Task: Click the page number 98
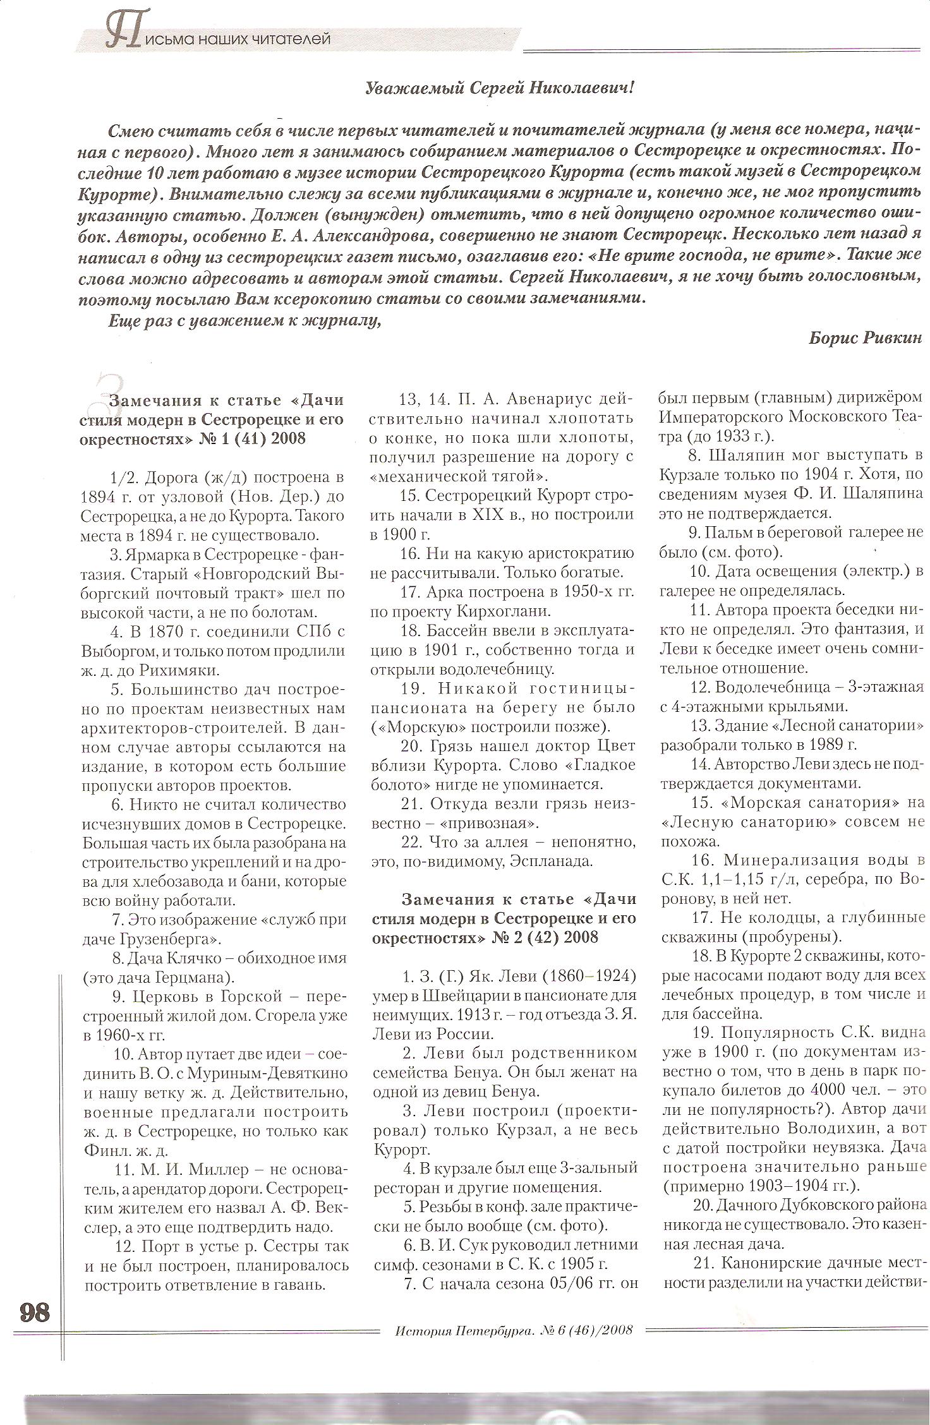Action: (35, 1312)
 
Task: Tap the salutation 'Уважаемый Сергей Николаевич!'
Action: (499, 89)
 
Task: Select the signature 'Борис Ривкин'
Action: (865, 338)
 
